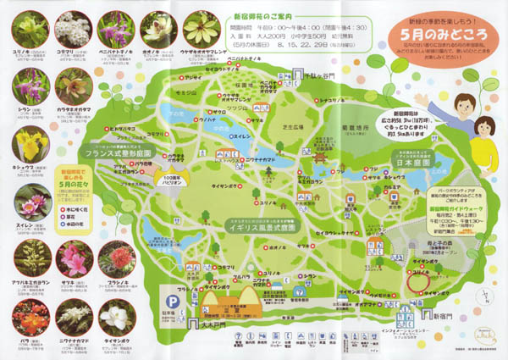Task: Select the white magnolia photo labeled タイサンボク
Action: [x=116, y=318]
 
